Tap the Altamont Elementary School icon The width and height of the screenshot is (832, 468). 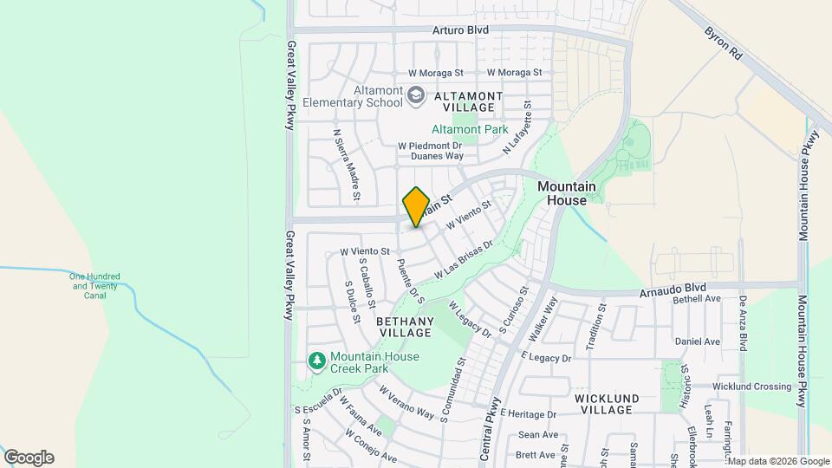[416, 94]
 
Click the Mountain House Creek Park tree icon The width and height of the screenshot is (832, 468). [317, 360]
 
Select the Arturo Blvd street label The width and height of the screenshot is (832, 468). [461, 29]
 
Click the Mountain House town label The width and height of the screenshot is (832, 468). [567, 193]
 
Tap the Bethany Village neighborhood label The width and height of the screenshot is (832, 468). [405, 327]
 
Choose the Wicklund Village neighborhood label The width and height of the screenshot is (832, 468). [607, 404]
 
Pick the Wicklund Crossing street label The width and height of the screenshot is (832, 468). [752, 387]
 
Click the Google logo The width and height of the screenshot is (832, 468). [29, 458]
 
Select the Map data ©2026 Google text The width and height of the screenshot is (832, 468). [777, 461]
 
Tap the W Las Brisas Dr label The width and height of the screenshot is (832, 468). [465, 259]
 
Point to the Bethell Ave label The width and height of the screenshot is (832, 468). [698, 299]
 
